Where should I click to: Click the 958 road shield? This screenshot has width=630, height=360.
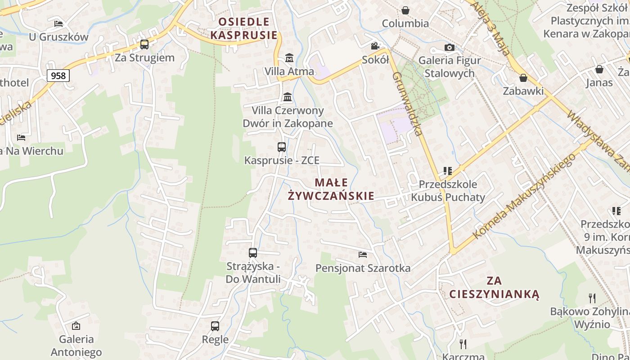[58, 76]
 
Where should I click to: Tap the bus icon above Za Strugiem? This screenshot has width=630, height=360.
[144, 45]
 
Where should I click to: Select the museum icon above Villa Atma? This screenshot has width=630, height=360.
[289, 58]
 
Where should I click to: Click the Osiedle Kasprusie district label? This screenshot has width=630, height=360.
[243, 28]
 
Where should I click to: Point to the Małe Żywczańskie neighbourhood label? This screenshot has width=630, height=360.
[331, 189]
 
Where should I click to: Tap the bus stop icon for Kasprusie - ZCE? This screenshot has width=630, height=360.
[282, 147]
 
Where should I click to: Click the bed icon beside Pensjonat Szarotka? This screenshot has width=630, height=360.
[363, 255]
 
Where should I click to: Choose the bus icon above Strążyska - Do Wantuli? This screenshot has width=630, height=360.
[253, 253]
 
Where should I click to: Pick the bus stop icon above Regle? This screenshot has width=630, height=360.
[215, 326]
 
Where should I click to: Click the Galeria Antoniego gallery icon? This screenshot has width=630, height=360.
[76, 326]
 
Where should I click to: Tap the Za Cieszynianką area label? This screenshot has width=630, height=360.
[494, 288]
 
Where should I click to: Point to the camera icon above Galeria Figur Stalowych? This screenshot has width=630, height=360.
[449, 47]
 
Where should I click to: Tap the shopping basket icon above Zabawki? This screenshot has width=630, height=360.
[523, 78]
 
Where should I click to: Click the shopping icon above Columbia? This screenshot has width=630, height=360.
[405, 10]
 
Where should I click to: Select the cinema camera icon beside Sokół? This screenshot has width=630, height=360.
[375, 46]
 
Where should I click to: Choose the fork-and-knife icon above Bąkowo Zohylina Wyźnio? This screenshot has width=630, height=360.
[592, 298]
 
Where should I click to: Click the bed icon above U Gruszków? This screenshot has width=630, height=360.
[58, 23]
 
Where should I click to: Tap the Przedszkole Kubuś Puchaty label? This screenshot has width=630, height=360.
[448, 191]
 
